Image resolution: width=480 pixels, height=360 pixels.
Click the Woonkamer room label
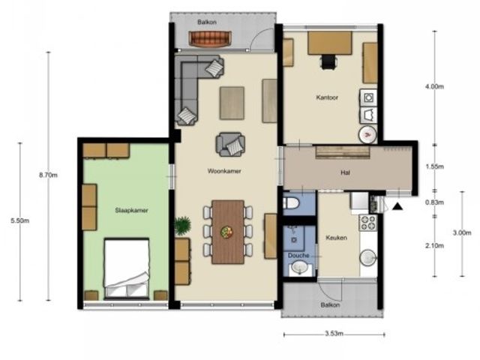[224, 171]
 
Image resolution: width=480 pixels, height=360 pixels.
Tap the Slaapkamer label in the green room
[132, 210]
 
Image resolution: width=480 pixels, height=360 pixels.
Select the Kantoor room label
[327, 97]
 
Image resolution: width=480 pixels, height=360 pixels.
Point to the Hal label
[345, 172]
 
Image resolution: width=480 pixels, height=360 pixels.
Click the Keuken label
[336, 238]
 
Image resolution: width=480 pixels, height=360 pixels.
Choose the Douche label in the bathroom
[298, 255]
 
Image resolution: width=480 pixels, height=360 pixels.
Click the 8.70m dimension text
[48, 175]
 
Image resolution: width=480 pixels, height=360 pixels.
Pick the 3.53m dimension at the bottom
[334, 333]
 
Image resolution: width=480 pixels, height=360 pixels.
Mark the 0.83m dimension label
[435, 202]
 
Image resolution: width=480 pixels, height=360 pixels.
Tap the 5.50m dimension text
[20, 220]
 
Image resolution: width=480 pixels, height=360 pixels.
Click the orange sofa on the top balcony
[210, 38]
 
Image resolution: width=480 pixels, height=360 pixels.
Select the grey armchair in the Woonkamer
[230, 144]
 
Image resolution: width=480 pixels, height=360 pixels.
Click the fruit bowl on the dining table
[226, 232]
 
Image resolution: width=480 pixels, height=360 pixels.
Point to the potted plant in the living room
[183, 225]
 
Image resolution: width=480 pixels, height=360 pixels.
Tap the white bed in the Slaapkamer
[127, 268]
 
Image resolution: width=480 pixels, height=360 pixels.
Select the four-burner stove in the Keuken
[368, 223]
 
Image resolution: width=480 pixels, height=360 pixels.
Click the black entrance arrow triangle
[397, 207]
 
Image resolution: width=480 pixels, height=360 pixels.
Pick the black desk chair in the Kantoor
[328, 61]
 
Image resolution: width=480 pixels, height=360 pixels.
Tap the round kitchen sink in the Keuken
[368, 257]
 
